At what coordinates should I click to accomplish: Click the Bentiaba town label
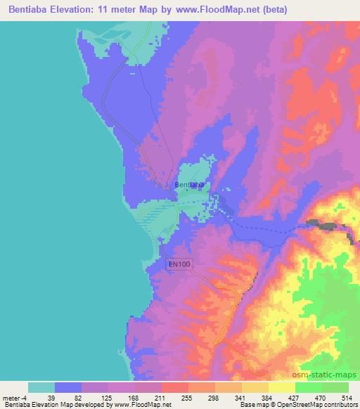[190, 185]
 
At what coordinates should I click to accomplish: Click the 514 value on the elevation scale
[347, 397]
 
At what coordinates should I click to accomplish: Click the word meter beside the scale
[12, 397]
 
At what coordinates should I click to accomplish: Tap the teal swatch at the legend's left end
[41, 387]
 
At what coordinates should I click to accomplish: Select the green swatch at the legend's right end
[335, 387]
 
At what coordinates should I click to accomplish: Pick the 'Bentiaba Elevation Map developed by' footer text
[46, 405]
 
